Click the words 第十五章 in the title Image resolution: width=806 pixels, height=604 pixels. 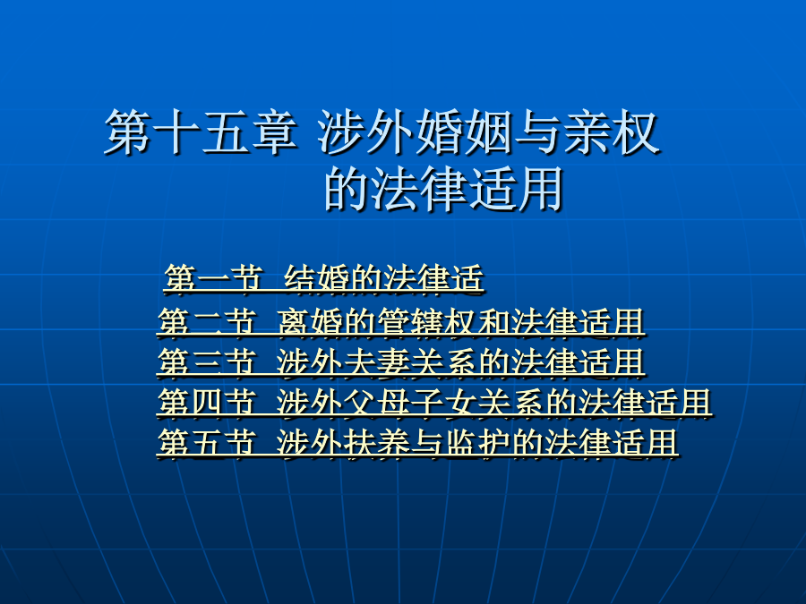click(201, 132)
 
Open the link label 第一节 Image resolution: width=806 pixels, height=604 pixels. click(214, 279)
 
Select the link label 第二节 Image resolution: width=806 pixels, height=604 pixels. click(207, 322)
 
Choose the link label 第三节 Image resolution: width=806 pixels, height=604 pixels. click(207, 362)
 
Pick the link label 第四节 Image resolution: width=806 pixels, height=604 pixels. click(207, 402)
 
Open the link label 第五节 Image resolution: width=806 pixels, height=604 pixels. click(207, 442)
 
